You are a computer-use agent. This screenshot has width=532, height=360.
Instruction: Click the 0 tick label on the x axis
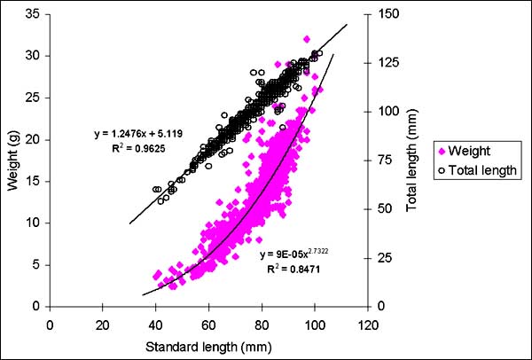(51, 325)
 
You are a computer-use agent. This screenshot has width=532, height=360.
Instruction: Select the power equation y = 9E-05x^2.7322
(301, 254)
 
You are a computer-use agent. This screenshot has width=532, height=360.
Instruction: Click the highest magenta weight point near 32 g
(307, 39)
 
